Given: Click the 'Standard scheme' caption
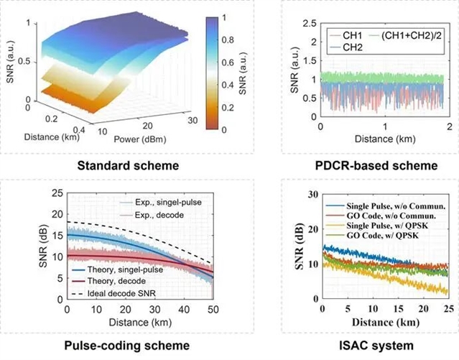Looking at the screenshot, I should tap(118, 167).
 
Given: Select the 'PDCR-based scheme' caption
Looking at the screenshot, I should tap(358, 167).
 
